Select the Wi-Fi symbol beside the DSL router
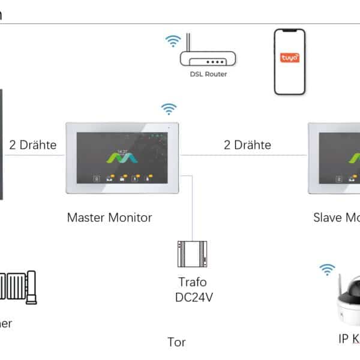coord(173,41)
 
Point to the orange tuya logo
coord(289,59)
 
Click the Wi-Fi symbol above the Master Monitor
coord(169,109)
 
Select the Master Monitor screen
coord(123,158)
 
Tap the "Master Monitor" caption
coord(109,217)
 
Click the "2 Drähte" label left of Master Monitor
coord(33,145)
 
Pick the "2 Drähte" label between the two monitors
coord(247,145)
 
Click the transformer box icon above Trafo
coord(192,254)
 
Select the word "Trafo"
coord(192,281)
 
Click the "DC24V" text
coord(192,298)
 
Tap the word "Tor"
coord(176,343)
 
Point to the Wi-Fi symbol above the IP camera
coord(327,269)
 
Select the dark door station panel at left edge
coord(2,144)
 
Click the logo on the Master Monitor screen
coord(123,158)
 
